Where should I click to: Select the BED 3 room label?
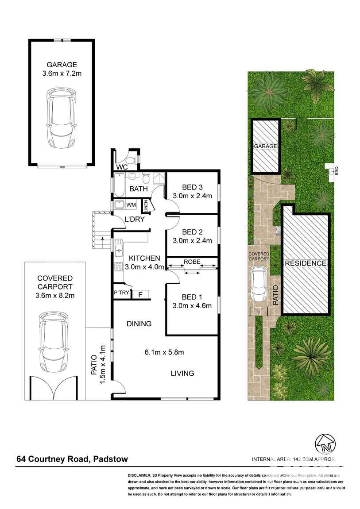tap(191, 187)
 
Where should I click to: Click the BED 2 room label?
tap(191, 232)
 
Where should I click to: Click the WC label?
tap(121, 167)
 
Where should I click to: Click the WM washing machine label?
tap(131, 205)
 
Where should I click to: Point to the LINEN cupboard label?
tap(145, 206)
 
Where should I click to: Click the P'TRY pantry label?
tap(121, 293)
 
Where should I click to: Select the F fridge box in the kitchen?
tap(140, 293)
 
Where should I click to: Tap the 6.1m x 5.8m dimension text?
tap(164, 352)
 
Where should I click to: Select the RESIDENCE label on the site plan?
tap(306, 263)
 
